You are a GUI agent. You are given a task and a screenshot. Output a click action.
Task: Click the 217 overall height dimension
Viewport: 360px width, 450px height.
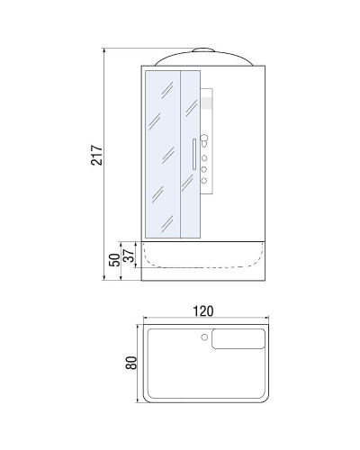point(96,155)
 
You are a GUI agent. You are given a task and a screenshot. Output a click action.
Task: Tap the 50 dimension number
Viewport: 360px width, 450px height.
point(114,260)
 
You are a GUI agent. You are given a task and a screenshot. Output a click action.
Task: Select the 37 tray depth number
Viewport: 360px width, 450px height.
point(130,256)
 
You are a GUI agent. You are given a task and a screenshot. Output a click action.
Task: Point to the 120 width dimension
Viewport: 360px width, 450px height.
point(203,311)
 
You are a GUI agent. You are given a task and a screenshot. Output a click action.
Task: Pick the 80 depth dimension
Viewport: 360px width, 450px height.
point(131,363)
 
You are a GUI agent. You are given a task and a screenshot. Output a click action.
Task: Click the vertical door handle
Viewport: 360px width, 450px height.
point(194,154)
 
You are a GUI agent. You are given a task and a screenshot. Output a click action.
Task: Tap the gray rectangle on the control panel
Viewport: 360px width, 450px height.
point(206,103)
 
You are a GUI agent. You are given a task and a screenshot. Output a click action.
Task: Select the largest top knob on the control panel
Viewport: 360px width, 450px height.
point(204,139)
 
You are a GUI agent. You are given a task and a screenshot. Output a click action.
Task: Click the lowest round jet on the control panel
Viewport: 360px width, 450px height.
point(204,181)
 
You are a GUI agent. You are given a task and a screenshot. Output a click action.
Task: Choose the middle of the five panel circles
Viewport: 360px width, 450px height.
point(204,158)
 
